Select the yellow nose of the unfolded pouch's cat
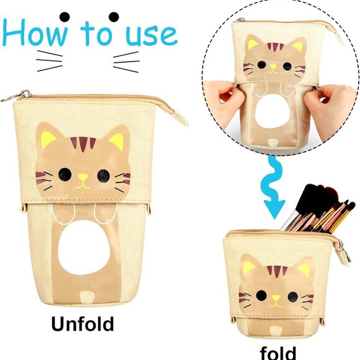coord(83,184)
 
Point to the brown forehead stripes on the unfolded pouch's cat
coord(83,143)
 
